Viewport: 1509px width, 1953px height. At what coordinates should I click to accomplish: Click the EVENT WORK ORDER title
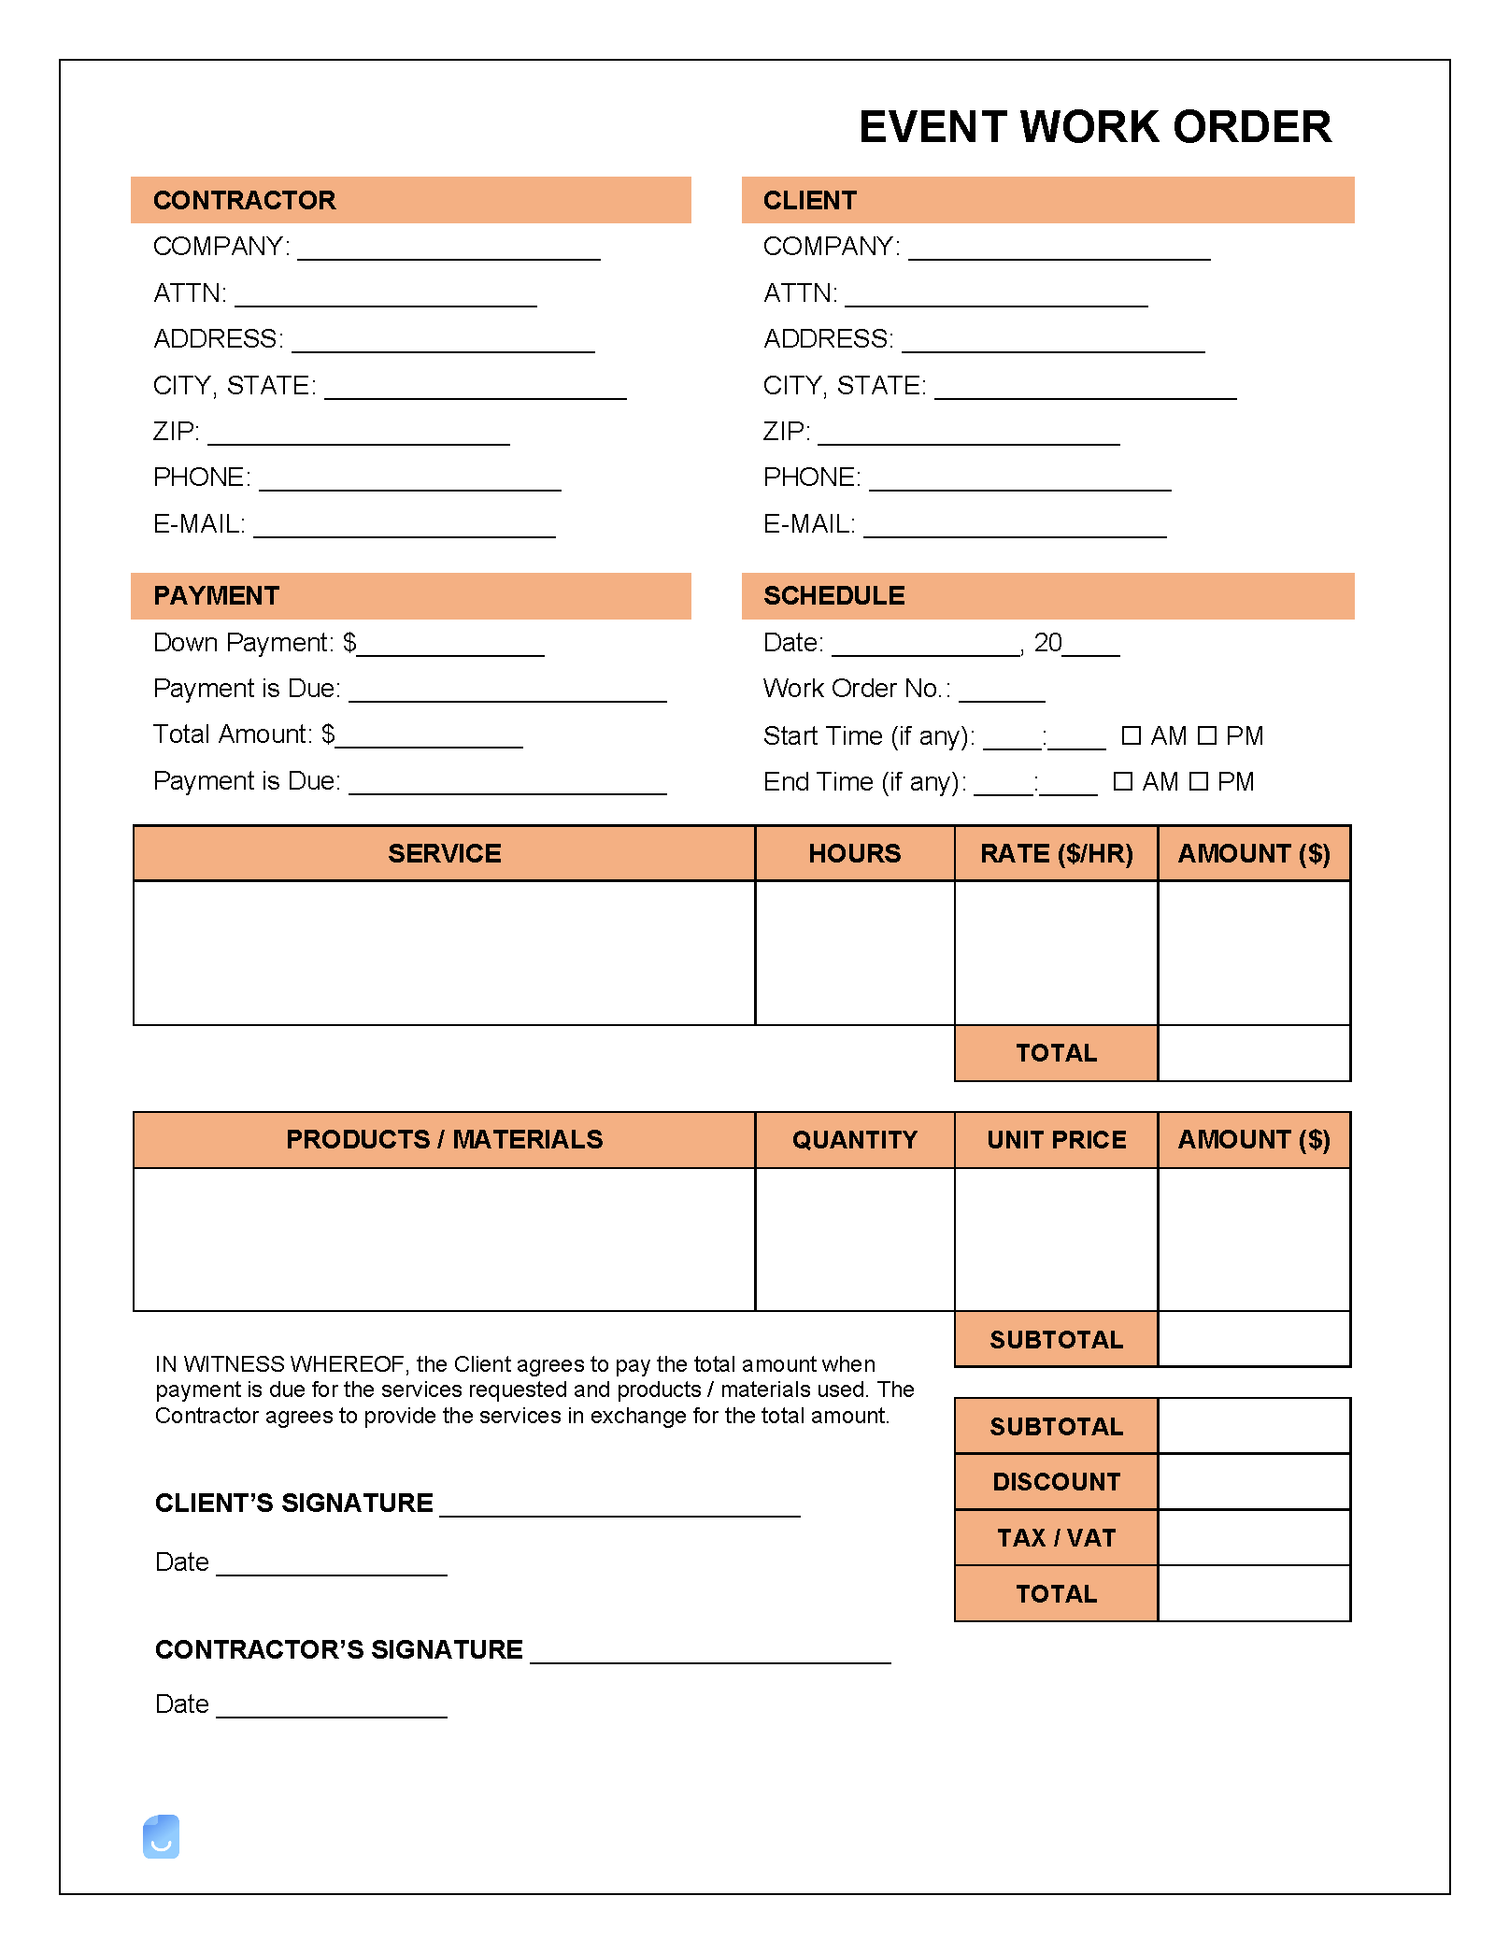(x=1094, y=127)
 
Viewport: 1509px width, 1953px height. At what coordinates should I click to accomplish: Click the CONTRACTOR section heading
(x=244, y=200)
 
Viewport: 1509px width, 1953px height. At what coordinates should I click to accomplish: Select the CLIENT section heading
(x=809, y=200)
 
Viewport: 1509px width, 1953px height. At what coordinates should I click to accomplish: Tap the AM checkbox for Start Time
(x=1131, y=736)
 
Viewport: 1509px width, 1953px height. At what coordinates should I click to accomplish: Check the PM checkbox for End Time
(x=1199, y=782)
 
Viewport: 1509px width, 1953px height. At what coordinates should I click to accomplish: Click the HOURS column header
(x=854, y=853)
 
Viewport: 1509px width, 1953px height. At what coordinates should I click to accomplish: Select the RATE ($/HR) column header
(x=1056, y=853)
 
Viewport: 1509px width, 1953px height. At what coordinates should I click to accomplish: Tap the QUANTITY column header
(x=854, y=1140)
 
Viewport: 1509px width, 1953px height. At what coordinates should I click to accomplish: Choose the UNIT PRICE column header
(x=1056, y=1140)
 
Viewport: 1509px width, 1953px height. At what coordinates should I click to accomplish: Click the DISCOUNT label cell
(x=1056, y=1482)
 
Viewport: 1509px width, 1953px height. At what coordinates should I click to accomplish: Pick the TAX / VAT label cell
(x=1056, y=1538)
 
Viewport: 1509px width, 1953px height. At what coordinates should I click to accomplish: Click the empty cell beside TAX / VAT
(x=1254, y=1538)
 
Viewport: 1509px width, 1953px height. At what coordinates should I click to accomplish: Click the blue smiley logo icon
(x=161, y=1837)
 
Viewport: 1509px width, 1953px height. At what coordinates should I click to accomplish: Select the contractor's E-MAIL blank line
(x=405, y=532)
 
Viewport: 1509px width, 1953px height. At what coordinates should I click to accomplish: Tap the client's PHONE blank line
(x=1019, y=485)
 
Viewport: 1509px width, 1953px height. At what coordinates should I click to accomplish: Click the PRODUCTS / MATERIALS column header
(x=444, y=1140)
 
